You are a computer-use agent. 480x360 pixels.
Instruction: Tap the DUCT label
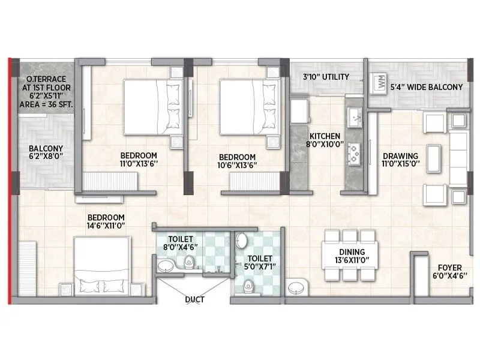[195, 299]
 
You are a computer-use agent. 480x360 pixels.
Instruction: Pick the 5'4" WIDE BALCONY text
[427, 87]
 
